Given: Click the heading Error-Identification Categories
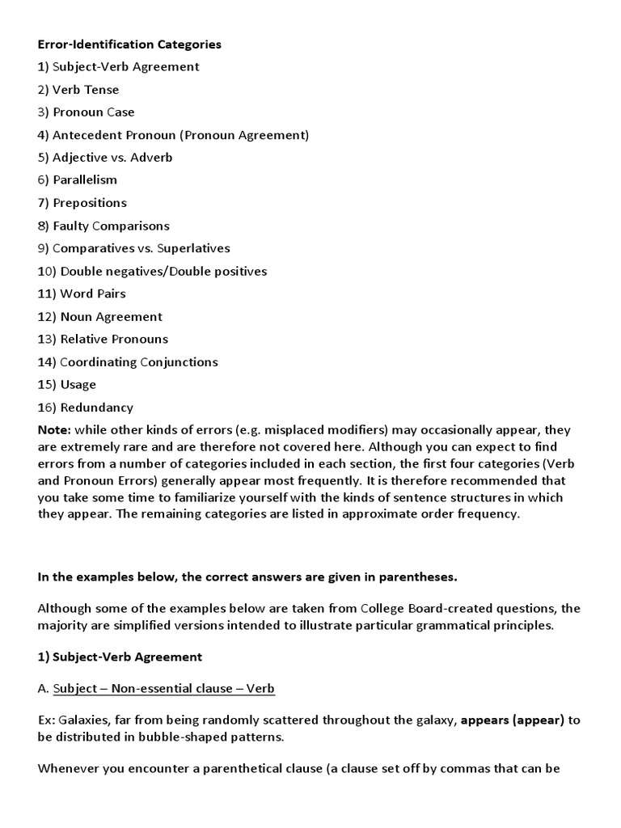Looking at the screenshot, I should coord(129,44).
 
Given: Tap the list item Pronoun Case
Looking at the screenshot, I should coord(87,112).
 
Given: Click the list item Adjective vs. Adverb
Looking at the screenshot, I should coord(105,158).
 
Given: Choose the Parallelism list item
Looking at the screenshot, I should coord(78,180).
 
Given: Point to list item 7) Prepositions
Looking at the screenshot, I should coord(82,203).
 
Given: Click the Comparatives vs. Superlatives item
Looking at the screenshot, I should coord(134,248).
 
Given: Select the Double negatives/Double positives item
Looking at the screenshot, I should coord(152,271).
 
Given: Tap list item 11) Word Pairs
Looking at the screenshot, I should coord(82,294).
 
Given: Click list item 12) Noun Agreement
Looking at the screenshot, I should coord(100,316).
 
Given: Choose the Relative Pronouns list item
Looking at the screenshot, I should coord(103,339).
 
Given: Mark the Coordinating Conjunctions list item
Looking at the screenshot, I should coord(128,361).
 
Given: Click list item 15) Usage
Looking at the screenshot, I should coord(67,384).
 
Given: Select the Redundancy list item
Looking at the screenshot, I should coord(86,408).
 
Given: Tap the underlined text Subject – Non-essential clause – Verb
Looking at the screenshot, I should coord(164,689).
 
